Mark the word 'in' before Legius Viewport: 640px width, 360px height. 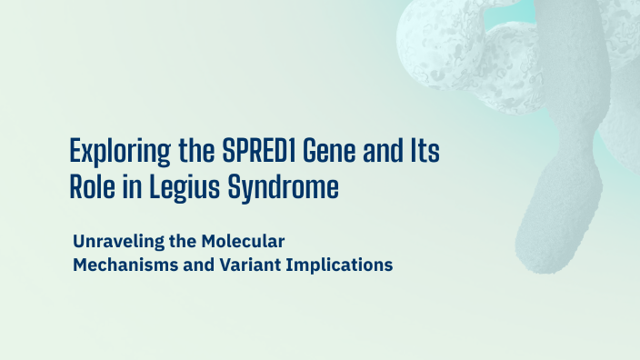129,188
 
